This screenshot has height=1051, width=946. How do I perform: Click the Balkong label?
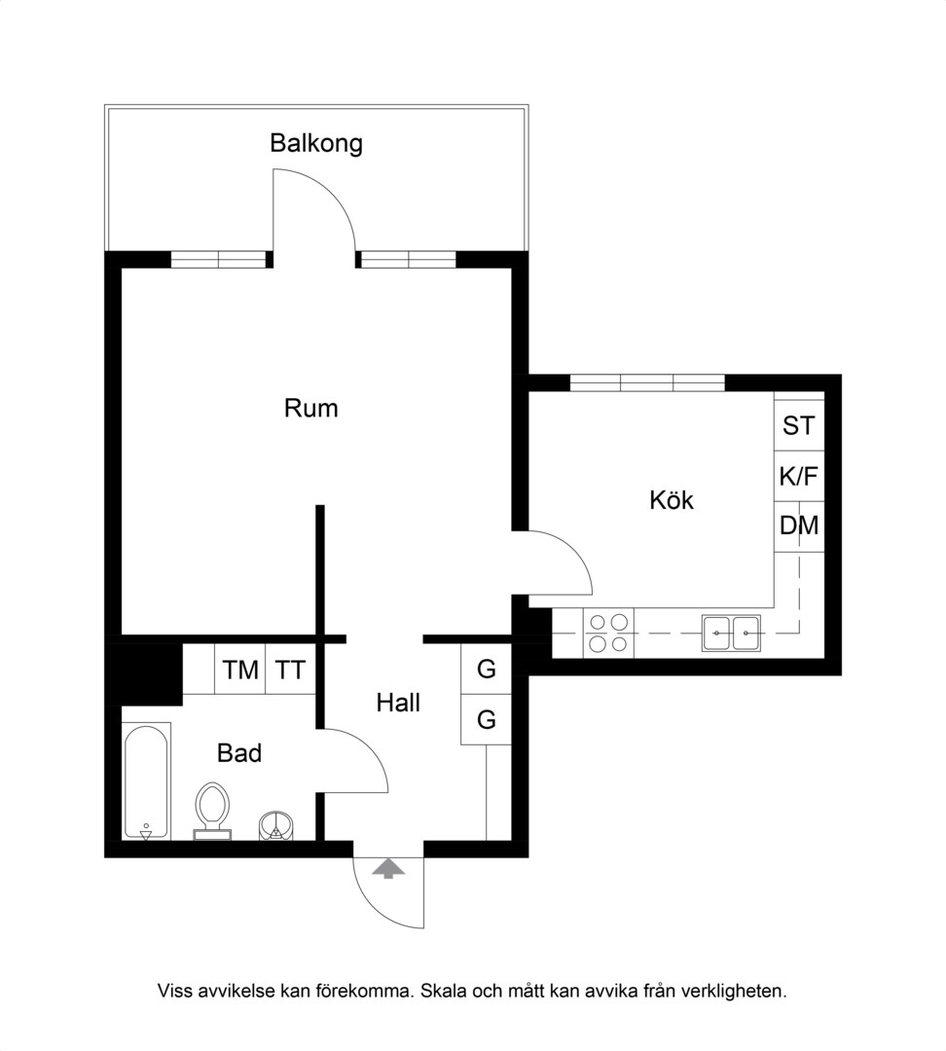point(316,143)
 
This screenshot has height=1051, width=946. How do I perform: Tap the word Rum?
point(311,408)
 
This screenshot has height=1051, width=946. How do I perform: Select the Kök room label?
point(672,500)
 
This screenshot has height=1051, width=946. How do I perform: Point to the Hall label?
point(398,703)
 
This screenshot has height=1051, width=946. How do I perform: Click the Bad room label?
point(239,752)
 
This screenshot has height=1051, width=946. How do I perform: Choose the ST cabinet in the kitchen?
point(799,425)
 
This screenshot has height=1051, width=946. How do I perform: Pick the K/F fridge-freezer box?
point(799,476)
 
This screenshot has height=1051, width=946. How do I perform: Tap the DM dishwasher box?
point(799,526)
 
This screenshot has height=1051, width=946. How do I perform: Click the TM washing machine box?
point(240,669)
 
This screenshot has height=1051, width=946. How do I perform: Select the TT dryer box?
point(290,669)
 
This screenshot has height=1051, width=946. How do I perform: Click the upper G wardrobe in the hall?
point(486,669)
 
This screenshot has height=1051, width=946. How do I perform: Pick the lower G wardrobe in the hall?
point(486,719)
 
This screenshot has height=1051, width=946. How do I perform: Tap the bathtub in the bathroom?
point(146,780)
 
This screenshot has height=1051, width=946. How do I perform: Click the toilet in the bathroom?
point(212,811)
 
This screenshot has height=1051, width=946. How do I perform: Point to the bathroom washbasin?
point(276,826)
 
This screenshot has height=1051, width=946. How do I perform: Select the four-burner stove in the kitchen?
point(608,633)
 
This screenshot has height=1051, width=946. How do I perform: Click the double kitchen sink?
point(732,633)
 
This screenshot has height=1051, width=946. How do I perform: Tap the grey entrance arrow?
point(389,869)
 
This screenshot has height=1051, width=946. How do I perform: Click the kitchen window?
point(647,382)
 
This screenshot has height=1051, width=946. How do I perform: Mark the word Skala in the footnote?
point(443,991)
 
